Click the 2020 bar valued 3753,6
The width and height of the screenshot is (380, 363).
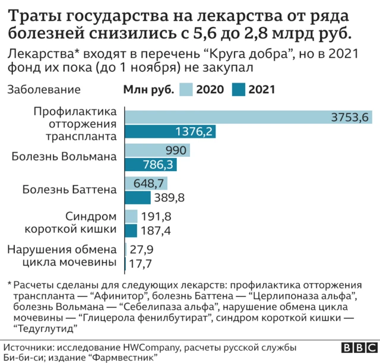(x=249, y=117)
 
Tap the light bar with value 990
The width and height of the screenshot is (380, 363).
(x=158, y=150)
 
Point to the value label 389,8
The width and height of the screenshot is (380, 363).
(x=169, y=197)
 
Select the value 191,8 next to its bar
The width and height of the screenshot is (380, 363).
(x=156, y=216)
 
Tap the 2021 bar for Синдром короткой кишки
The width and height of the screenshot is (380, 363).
(x=131, y=231)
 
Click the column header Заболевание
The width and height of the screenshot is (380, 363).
(x=43, y=90)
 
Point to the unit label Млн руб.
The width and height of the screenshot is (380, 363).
(x=148, y=90)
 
